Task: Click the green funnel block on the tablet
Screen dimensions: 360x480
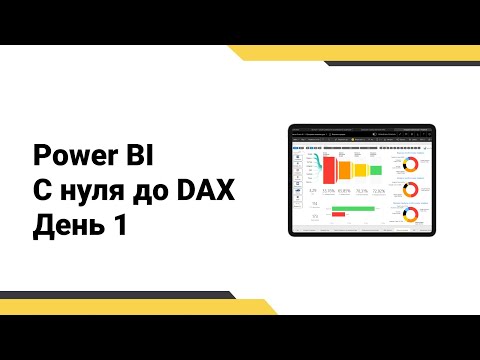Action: [x=375, y=170]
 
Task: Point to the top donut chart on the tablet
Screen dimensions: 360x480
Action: [x=409, y=161]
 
